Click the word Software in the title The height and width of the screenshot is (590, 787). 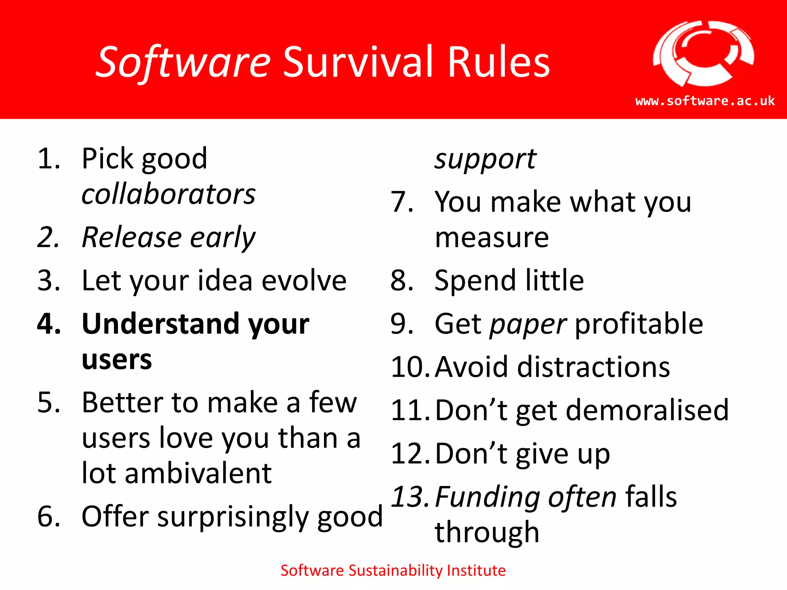[184, 62]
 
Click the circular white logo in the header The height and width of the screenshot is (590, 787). [703, 54]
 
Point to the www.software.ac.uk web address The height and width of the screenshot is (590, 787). [705, 101]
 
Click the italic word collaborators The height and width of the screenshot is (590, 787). [168, 194]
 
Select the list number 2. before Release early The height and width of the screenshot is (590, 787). [49, 237]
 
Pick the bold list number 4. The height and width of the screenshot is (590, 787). [49, 324]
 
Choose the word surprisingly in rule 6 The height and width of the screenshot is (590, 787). [233, 517]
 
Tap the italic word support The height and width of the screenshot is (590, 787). [485, 159]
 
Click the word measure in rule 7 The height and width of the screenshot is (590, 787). [491, 238]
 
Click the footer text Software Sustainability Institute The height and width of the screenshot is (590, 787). [393, 570]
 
